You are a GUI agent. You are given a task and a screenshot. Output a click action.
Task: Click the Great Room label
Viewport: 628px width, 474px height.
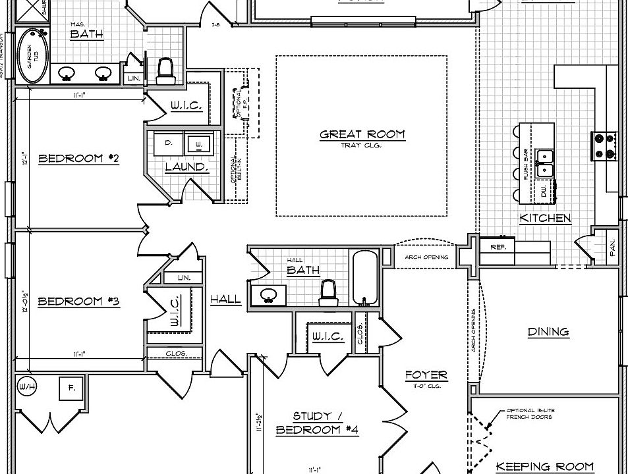coord(362,135)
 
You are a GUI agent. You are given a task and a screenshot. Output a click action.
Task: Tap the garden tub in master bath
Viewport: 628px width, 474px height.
coord(28,56)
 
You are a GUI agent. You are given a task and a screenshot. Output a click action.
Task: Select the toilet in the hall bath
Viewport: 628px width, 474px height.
coord(328,293)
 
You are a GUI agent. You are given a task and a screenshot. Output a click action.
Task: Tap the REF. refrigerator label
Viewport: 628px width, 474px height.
coord(497,247)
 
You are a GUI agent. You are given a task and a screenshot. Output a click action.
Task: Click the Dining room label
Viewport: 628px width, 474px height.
coord(548,332)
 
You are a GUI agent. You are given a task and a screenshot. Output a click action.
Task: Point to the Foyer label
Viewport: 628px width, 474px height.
coord(426,375)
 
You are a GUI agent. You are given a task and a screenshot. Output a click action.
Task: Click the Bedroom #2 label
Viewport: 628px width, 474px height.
coord(78,158)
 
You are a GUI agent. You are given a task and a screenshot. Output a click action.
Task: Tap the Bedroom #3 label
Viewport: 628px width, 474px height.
coord(78,302)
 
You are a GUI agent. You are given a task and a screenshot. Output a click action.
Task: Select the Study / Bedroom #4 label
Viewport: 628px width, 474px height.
coord(317,423)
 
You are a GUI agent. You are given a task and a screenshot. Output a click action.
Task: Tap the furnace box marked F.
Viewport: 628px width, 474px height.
coord(71,388)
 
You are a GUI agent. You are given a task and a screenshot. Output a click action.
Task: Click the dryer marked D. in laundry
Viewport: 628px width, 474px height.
coord(169,142)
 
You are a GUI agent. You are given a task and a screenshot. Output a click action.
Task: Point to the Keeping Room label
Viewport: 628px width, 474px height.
coord(544,467)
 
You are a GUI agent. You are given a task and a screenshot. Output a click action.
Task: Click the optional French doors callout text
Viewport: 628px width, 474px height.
coord(530,413)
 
